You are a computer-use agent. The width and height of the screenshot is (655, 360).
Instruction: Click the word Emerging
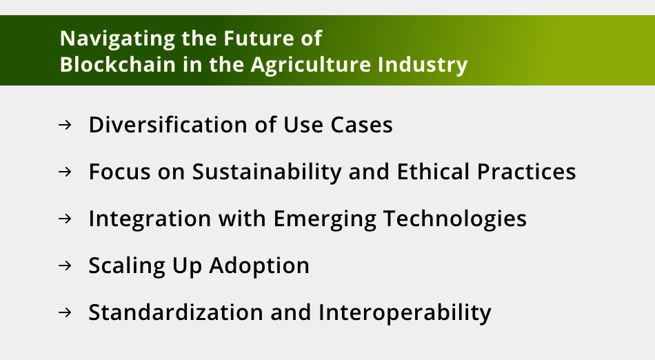tap(325, 219)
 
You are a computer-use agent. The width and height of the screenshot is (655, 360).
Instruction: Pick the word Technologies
tap(455, 219)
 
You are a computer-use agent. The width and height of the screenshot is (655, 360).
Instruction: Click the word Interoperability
tap(405, 312)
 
